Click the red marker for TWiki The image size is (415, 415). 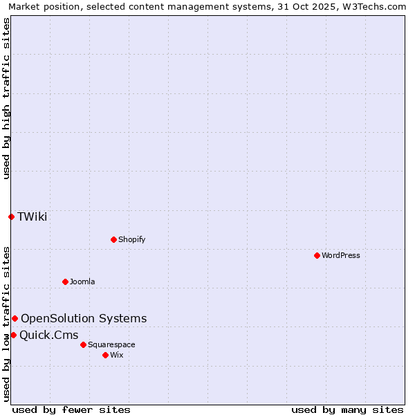click(x=11, y=216)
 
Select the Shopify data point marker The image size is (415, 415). click(x=113, y=239)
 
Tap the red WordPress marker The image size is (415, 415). click(x=317, y=255)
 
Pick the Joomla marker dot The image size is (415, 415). click(x=65, y=282)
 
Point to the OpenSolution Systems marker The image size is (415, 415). click(x=15, y=318)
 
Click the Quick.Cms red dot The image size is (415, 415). click(x=13, y=335)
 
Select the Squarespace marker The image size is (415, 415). click(x=83, y=344)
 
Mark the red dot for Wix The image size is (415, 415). click(x=105, y=355)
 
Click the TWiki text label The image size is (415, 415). click(x=33, y=216)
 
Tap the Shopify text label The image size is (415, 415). click(x=131, y=239)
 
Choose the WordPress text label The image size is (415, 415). click(x=340, y=255)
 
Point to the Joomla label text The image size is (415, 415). click(x=82, y=282)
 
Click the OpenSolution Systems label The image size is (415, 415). click(x=84, y=318)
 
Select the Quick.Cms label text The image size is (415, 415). click(x=48, y=335)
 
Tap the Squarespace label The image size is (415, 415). click(x=111, y=344)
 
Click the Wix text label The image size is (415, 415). click(x=117, y=355)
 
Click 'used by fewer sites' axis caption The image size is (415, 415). click(x=71, y=409)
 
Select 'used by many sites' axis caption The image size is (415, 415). click(x=347, y=409)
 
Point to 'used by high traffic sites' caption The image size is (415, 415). click(x=6, y=98)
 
